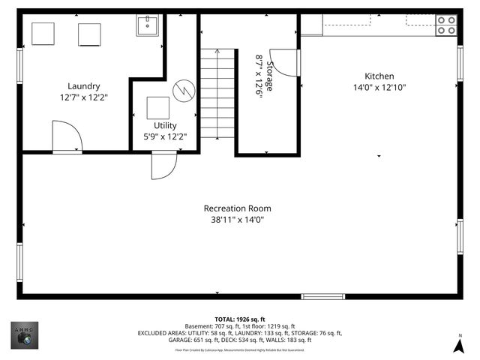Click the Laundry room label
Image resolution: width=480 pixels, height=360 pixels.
point(83,86)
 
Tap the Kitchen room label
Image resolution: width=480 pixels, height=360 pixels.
point(379,76)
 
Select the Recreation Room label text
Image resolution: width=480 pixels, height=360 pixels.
point(237,208)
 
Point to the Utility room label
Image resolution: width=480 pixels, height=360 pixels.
point(165,125)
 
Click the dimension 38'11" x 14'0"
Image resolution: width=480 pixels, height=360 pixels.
point(237,220)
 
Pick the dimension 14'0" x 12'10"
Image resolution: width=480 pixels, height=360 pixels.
point(379,87)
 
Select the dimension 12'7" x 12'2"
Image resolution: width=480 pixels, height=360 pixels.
point(83,97)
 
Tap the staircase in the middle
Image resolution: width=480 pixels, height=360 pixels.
point(217,94)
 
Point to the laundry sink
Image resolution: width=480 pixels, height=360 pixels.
point(147,26)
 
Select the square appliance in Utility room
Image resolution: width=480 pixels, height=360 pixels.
point(157,108)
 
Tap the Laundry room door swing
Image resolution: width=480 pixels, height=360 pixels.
point(66,139)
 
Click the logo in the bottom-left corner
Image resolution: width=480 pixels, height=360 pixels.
point(25,335)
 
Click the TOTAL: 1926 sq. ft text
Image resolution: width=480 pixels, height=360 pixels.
point(240,319)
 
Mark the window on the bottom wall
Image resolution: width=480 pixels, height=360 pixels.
point(324,296)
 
